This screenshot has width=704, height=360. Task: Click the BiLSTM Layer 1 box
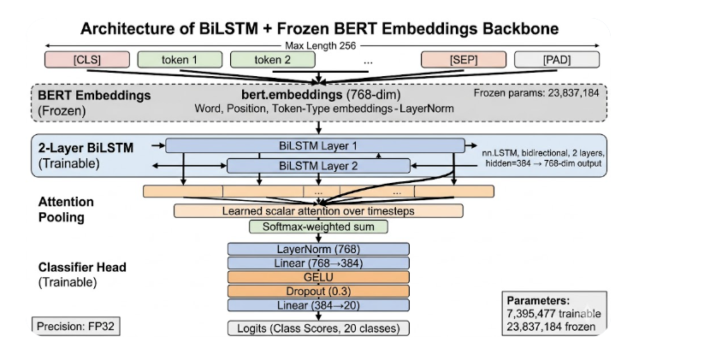coord(318,145)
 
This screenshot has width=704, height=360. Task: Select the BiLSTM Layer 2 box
coord(318,166)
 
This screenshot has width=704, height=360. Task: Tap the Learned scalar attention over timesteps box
coord(318,210)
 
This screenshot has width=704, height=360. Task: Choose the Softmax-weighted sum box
coord(318,227)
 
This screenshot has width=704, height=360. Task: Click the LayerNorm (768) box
coord(318,248)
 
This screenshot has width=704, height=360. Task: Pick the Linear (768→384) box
coord(318,263)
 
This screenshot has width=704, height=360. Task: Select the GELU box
coord(318,277)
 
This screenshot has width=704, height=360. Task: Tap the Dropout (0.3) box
coord(318,292)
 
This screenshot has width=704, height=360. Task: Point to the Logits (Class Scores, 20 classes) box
coord(318,328)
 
